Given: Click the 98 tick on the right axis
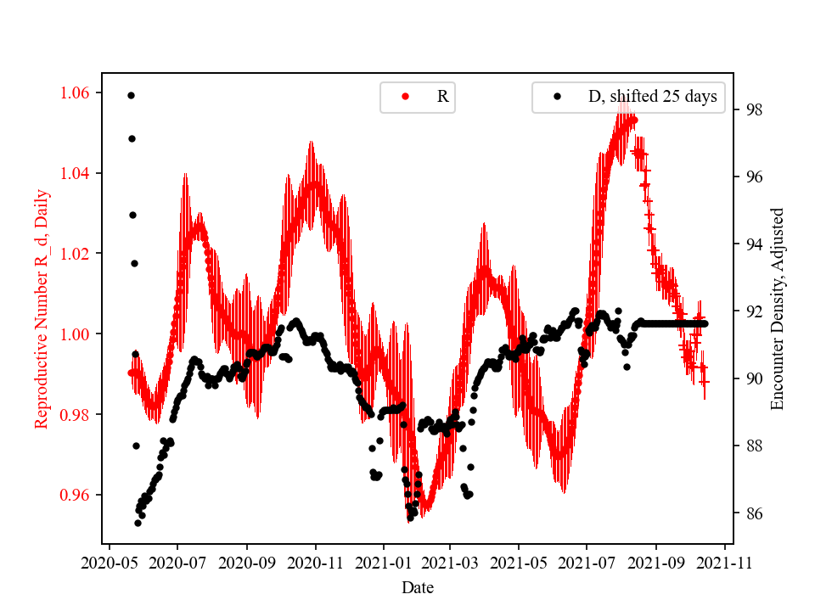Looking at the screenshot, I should (751, 109).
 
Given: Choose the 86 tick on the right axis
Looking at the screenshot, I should (751, 513).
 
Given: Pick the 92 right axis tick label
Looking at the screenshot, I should (751, 311).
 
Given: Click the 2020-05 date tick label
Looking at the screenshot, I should (109, 561).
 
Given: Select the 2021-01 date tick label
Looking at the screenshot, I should (383, 561).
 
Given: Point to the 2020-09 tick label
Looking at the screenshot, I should (247, 561).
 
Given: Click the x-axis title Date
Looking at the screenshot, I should (418, 586).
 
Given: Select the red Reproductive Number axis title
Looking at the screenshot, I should (42, 309).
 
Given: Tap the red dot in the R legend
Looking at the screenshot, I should (405, 97).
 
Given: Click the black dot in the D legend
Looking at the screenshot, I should (557, 97).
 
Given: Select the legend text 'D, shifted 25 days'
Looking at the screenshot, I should (652, 97).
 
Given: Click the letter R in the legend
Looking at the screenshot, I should (442, 97).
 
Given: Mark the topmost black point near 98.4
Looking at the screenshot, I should (131, 95).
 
